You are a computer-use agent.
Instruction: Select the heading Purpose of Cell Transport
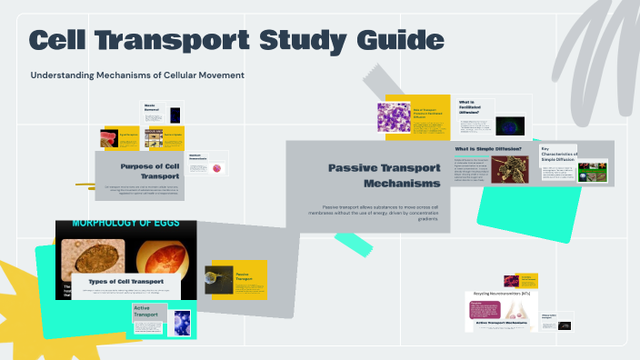coord(139,172)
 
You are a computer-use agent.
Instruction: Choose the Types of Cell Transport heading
coord(130,282)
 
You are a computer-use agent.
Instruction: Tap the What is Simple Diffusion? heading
coord(488,148)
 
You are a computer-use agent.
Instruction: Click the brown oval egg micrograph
coord(95,258)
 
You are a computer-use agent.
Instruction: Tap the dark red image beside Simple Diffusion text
coord(510,169)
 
